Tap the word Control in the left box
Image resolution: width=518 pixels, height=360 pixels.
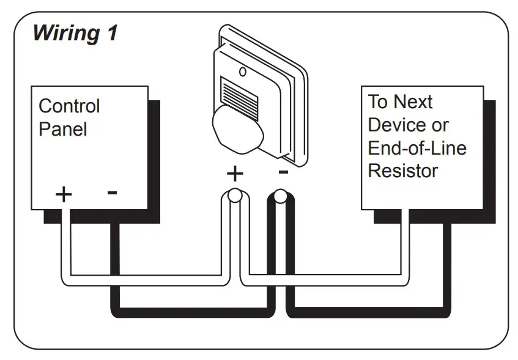pos(68,106)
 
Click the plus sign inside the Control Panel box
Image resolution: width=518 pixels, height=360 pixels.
pos(64,194)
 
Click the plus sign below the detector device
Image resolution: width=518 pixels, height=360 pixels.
pos(234,174)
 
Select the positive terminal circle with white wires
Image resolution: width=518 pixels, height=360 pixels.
pos(234,197)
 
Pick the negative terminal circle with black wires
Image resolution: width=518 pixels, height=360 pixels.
pos(281,197)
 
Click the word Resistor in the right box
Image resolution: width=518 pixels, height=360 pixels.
pos(402,171)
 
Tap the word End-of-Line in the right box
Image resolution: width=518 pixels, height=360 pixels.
pos(416,148)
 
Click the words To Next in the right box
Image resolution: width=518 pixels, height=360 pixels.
pos(400,101)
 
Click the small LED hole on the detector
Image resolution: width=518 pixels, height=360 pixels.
pos(243,72)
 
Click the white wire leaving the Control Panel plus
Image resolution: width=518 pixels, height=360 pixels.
pos(65,244)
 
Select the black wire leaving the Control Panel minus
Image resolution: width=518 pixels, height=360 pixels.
pos(114,263)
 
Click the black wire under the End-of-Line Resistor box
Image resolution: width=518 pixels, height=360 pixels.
pos(446,263)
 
